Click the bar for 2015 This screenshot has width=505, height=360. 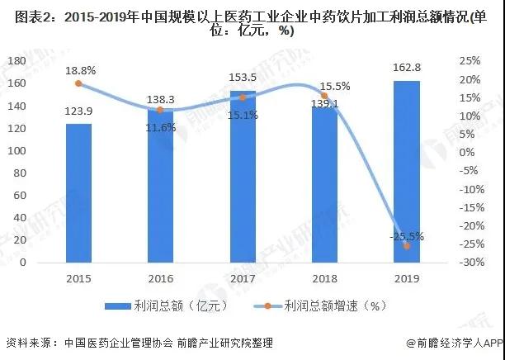(78, 193)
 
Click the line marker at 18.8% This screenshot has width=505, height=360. (78, 83)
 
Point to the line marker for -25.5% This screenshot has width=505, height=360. (406, 245)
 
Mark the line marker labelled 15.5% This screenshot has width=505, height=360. (324, 96)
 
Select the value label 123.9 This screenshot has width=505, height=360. (78, 111)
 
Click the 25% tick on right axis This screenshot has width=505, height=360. (470, 61)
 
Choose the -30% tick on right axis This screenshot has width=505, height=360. (470, 263)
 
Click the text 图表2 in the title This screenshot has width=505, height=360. (25, 14)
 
